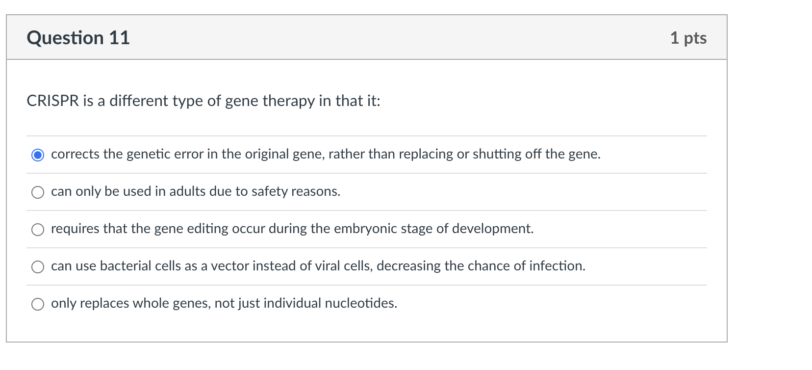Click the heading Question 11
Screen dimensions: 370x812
coord(78,38)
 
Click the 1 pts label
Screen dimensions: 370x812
coord(688,38)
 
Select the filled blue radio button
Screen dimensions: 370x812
coord(38,155)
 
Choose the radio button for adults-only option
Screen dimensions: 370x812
coord(38,192)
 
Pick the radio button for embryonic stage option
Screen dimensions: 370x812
coord(38,230)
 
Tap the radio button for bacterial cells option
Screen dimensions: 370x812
coord(38,267)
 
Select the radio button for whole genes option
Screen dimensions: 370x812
coord(38,304)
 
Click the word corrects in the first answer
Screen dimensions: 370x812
coord(75,154)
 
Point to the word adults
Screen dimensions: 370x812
coord(187,191)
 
